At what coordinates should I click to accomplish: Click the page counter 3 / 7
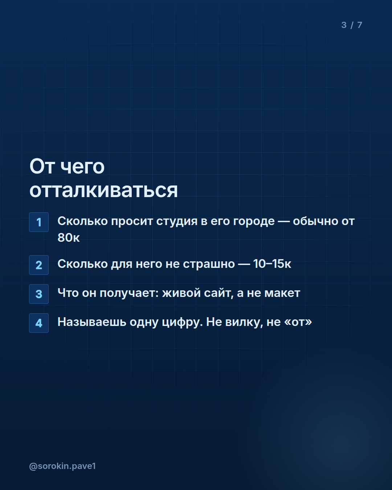pos(352,25)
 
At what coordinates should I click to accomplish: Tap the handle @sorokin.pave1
pos(62,466)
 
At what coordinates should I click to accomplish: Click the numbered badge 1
pos(39,222)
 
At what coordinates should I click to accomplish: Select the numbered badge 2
pos(39,265)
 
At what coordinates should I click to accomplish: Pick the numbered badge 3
pos(39,294)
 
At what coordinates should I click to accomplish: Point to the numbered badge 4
pos(39,323)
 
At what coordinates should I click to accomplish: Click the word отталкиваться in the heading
pos(104,190)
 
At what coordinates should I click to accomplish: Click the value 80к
pos(69,237)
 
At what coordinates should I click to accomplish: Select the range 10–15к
pos(272,264)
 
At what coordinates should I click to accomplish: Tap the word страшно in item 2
pos(209,264)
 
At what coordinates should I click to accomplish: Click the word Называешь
pos(92,322)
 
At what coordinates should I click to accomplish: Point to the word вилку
pos(243,322)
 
